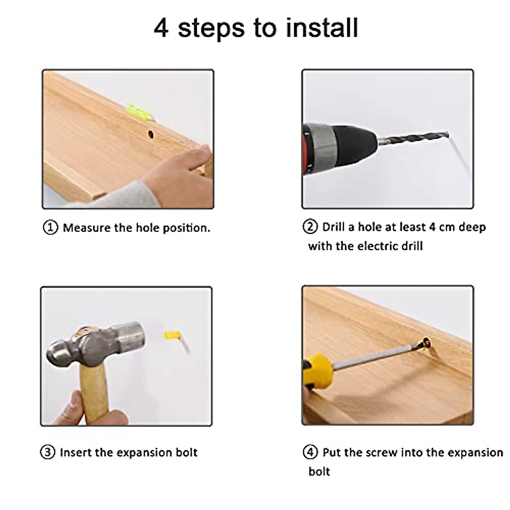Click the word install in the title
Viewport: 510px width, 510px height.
point(322,28)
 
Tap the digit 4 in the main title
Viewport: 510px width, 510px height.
point(161,28)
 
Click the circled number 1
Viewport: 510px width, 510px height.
point(50,227)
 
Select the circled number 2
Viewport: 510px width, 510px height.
point(310,227)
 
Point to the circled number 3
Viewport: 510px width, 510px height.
point(48,452)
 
